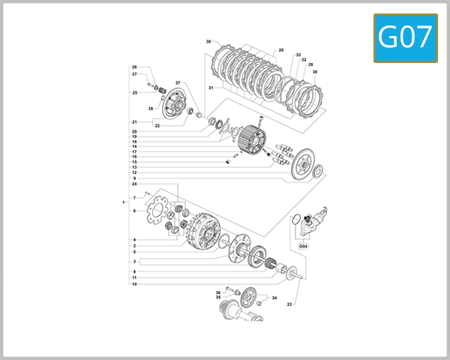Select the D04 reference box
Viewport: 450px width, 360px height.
[x=304, y=245]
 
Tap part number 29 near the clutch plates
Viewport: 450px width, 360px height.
[x=281, y=50]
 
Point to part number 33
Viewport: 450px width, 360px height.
[x=298, y=55]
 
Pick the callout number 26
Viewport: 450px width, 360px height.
[x=134, y=67]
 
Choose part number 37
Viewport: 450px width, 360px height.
[x=178, y=82]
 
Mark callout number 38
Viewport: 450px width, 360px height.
[x=150, y=109]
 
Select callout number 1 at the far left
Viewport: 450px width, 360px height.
[x=123, y=202]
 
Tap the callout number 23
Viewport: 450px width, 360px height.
[x=289, y=304]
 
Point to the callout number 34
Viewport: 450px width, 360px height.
[x=274, y=298]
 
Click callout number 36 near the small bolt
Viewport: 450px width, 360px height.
[x=217, y=292]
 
